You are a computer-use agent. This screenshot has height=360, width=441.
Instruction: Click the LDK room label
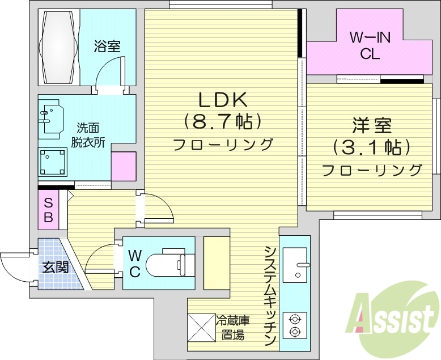pyautogui.click(x=222, y=100)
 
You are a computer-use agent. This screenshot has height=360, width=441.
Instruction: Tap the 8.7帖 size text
pyautogui.click(x=222, y=121)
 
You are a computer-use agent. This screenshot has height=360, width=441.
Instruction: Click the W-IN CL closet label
pyautogui.click(x=370, y=46)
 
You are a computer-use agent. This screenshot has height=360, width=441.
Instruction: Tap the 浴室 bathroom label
pyautogui.click(x=108, y=46)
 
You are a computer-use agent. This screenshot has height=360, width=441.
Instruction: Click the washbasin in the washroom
pyautogui.click(x=51, y=117)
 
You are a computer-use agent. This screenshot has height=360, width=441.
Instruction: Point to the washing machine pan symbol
pyautogui.click(x=54, y=162)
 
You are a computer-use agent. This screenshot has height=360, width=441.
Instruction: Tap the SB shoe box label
pyautogui.click(x=48, y=209)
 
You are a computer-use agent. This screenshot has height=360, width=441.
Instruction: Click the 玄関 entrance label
pyautogui.click(x=55, y=266)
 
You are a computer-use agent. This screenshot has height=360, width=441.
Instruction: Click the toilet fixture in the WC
pyautogui.click(x=167, y=263)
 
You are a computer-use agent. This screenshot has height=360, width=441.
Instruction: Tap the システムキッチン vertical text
pyautogui.click(x=269, y=295)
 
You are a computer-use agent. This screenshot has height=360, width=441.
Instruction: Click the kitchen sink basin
pyautogui.click(x=295, y=265)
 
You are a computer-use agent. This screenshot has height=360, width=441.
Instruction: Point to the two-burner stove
pyautogui.click(x=295, y=325)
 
